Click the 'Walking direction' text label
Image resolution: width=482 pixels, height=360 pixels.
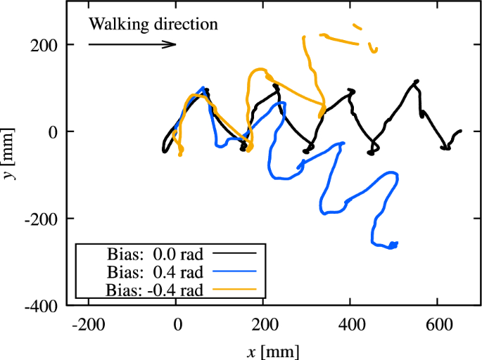[153, 25]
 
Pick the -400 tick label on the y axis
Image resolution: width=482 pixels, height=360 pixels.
[44, 306]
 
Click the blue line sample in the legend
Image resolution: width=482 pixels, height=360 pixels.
[234, 271]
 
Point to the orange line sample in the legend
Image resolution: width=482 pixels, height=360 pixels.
[234, 289]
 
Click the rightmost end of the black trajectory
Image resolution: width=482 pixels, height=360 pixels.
[460, 131]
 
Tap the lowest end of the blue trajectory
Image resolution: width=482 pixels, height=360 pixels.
[391, 247]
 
